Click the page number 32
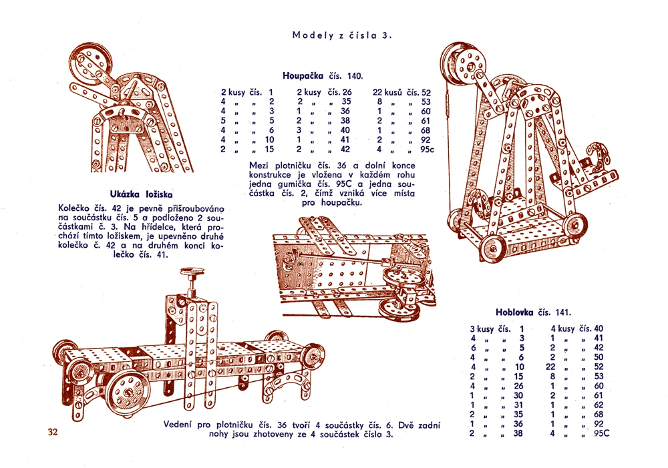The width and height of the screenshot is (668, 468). [x=54, y=431]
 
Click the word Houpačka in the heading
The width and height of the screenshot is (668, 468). [x=303, y=75]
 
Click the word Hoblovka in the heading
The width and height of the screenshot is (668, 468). [x=516, y=312]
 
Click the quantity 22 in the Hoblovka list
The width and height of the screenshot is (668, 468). [x=551, y=366]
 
